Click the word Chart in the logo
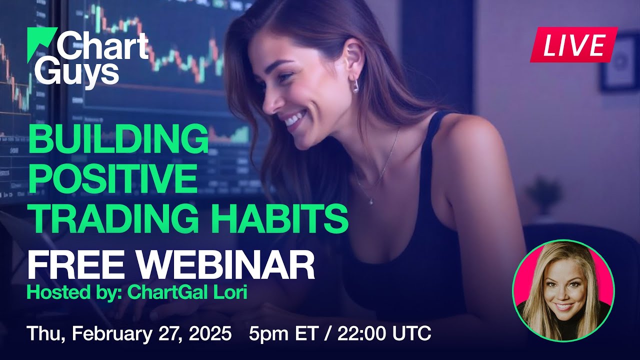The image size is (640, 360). point(102,46)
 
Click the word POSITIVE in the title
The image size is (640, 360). point(112,178)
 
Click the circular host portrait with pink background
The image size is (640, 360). point(563,290)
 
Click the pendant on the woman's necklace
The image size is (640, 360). point(370,201)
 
